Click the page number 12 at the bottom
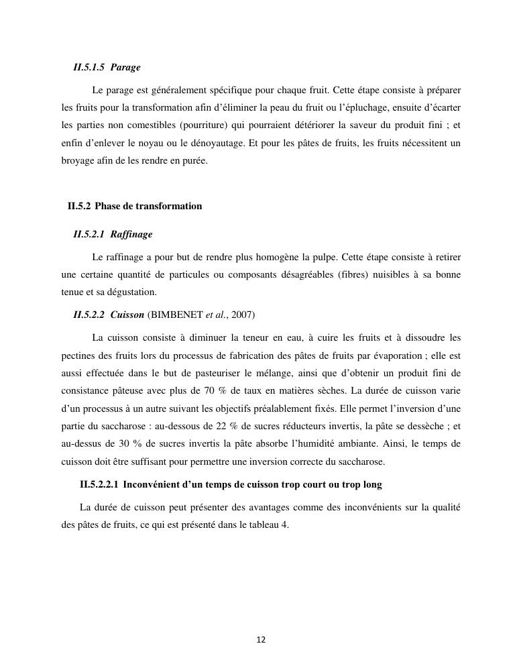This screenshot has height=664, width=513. coord(261,640)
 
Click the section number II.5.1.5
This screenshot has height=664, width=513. coord(89,68)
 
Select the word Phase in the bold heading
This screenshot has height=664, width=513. coord(108,206)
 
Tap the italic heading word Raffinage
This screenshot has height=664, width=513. coord(131,234)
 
